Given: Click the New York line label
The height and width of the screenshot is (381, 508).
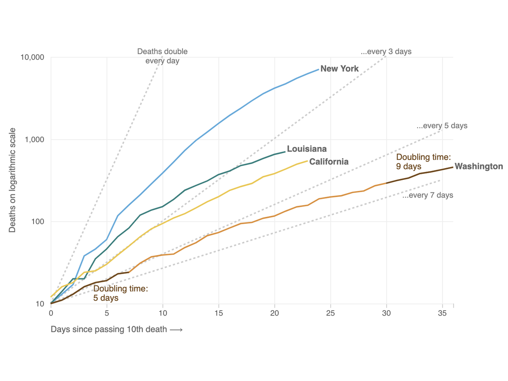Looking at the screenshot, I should (x=339, y=69).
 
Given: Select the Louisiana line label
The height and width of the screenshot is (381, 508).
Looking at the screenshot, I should (x=307, y=149).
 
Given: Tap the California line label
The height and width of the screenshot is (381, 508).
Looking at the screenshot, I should (x=329, y=162).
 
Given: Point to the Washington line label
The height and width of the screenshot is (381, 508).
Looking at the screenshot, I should (x=479, y=166).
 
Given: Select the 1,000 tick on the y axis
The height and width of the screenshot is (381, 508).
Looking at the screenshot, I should (x=36, y=140).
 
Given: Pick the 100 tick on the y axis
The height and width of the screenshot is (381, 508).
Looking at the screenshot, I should (x=39, y=222).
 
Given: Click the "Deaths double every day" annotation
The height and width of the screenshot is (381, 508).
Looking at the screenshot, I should (x=162, y=56).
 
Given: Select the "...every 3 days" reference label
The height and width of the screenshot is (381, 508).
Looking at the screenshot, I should (x=386, y=52).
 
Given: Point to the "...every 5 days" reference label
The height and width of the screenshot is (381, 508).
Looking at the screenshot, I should (x=442, y=126).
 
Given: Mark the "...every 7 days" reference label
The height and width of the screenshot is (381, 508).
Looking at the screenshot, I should (x=428, y=196).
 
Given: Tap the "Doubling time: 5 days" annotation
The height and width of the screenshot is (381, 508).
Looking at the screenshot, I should (x=120, y=293).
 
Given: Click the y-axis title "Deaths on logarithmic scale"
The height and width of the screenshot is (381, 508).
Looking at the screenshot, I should (x=12, y=180).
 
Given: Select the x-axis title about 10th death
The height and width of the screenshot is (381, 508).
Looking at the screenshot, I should (x=117, y=329).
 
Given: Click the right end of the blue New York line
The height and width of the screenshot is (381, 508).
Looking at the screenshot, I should (x=318, y=70).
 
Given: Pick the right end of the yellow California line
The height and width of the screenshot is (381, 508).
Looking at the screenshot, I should (x=307, y=161).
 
